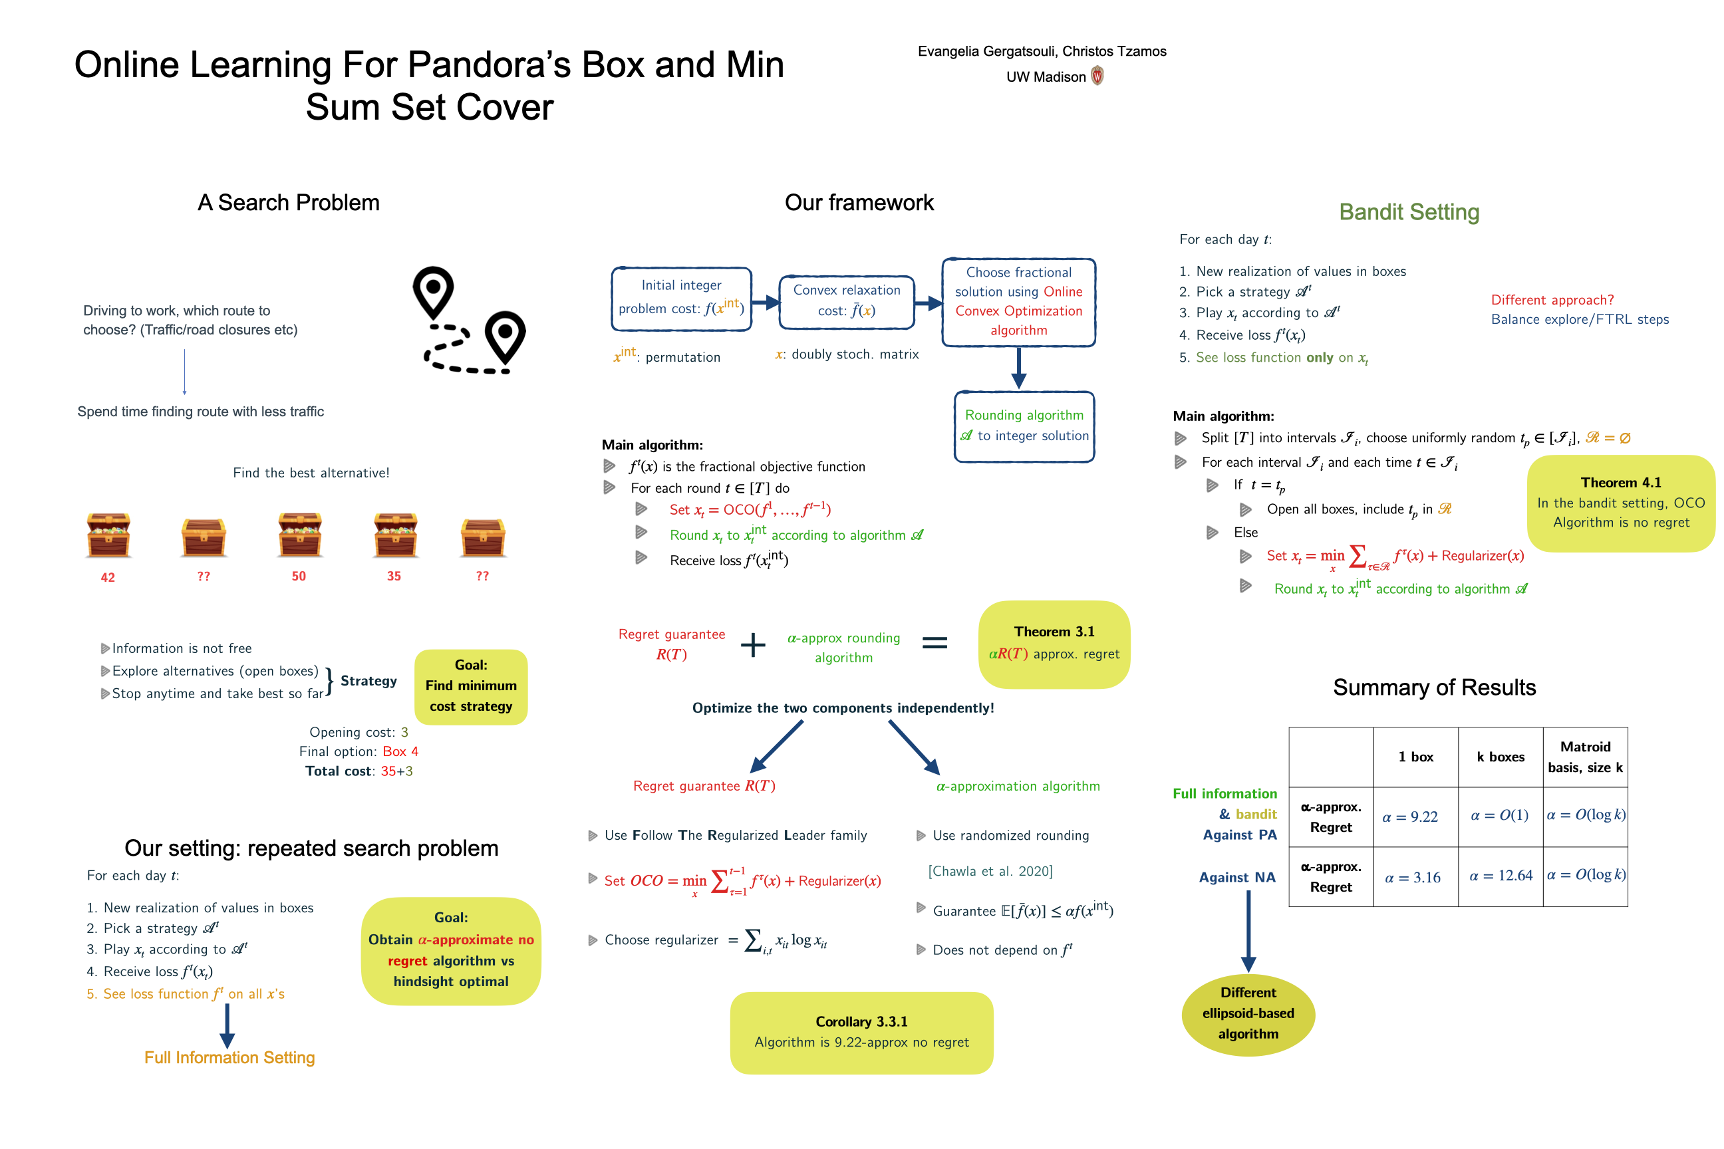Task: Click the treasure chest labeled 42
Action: pos(108,536)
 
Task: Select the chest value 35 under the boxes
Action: pos(394,576)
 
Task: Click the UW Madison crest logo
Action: pos(1097,76)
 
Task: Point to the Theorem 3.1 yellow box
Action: pos(1054,644)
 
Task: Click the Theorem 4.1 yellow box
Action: pos(1621,503)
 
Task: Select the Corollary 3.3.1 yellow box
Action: pos(861,1033)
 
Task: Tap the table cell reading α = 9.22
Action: pos(1409,817)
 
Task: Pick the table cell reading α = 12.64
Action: pos(1501,876)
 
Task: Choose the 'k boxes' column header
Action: pos(1500,757)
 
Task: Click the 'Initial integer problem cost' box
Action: pos(681,299)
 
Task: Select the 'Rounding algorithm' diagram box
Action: pos(1024,426)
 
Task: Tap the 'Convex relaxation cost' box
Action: pos(847,301)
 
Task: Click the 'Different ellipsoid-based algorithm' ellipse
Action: pos(1248,1013)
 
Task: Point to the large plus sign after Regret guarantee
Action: pos(753,645)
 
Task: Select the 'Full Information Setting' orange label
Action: pos(229,1057)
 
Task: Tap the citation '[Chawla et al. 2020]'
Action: pos(990,871)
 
